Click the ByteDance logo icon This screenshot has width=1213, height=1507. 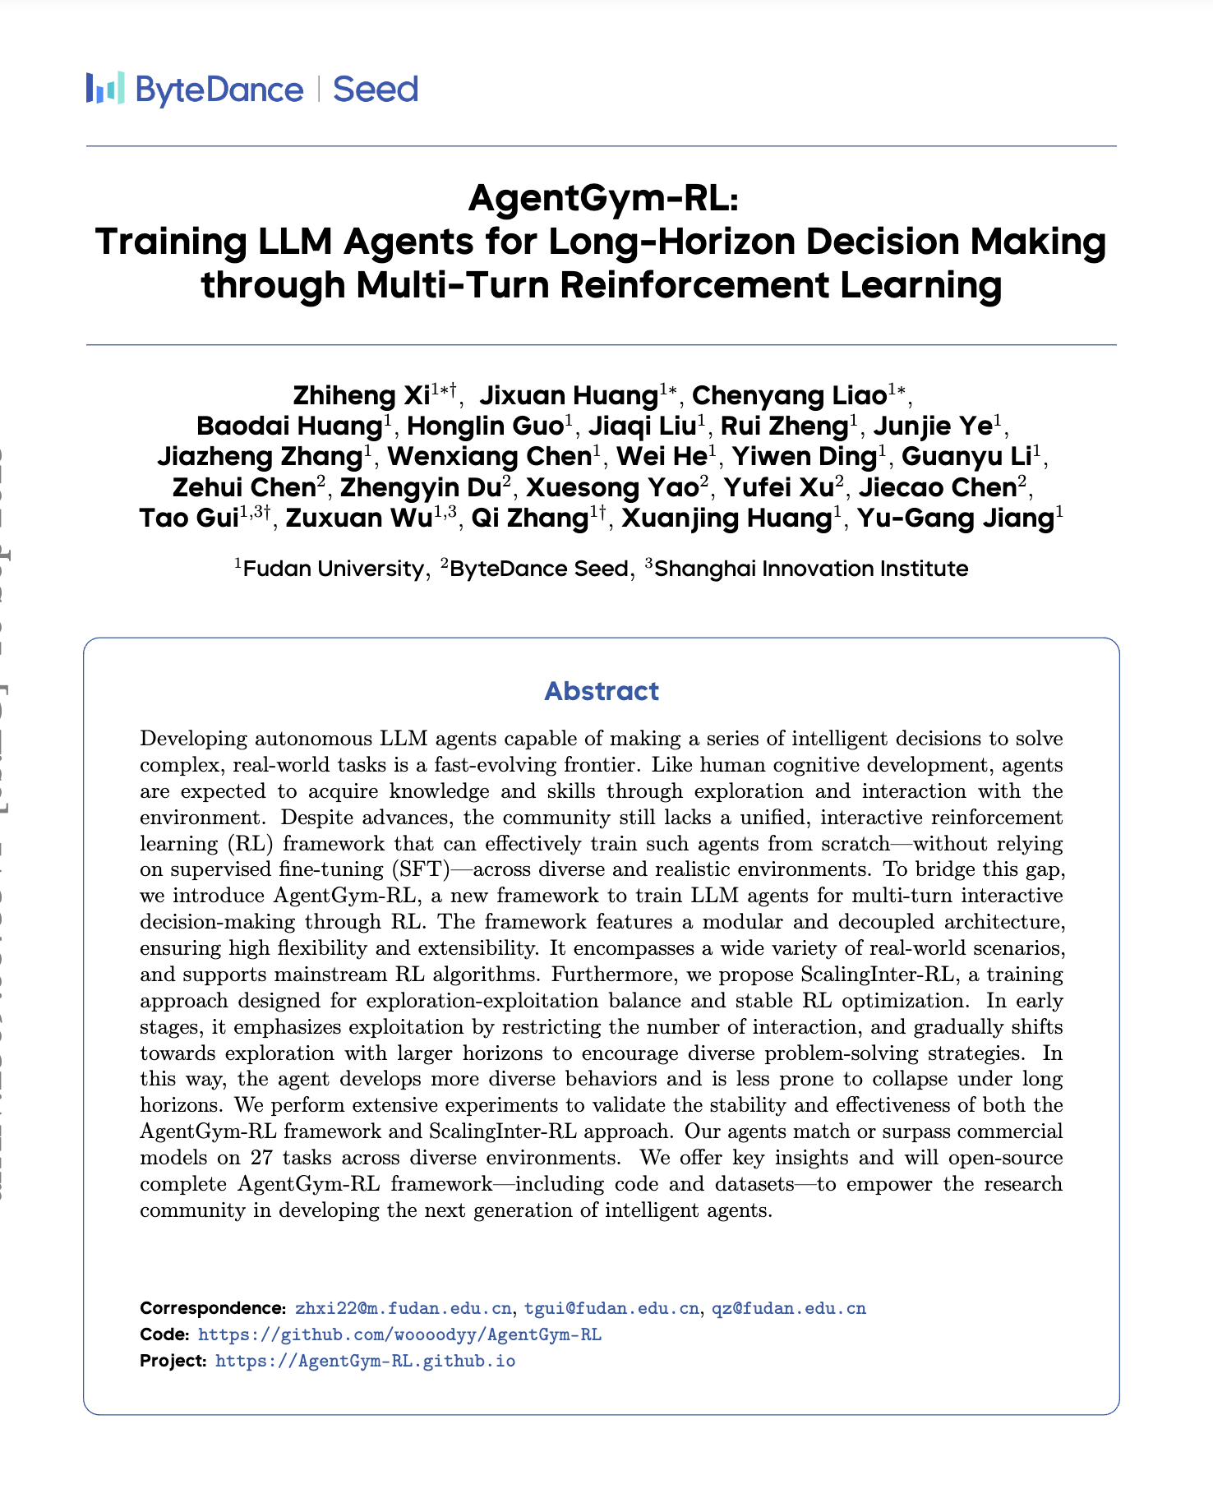[105, 88]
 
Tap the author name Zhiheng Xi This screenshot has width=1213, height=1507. [362, 395]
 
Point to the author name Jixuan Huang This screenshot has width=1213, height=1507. [568, 395]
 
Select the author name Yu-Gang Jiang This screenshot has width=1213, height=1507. [956, 518]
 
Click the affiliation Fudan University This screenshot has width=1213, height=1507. [333, 569]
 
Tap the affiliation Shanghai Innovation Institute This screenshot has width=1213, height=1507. [811, 569]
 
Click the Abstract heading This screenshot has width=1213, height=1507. [602, 691]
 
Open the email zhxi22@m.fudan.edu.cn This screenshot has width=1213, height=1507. [404, 1308]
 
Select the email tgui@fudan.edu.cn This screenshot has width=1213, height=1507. [612, 1308]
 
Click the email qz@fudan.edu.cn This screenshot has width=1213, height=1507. [789, 1308]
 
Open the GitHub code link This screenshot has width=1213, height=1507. [399, 1334]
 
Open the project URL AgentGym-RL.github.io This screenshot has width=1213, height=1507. [365, 1361]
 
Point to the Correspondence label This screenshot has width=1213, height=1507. [212, 1308]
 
